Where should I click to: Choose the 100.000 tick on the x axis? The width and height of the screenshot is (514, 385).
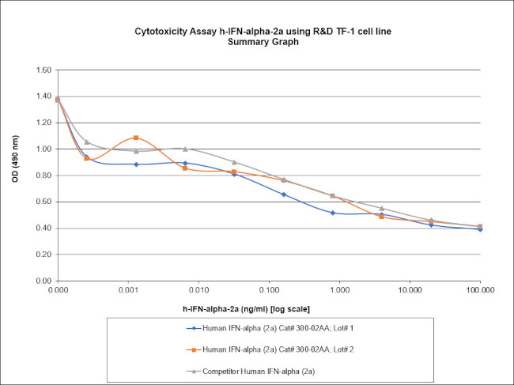pos(479,291)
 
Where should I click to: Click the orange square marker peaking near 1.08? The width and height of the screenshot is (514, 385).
pos(136,138)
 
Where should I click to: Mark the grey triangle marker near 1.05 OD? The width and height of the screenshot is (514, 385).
pos(87,142)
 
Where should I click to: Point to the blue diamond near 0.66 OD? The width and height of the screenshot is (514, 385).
pos(283,194)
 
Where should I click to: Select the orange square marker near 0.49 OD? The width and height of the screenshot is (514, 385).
pos(381,216)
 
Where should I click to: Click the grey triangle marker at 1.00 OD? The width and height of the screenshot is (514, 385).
pos(185,149)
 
